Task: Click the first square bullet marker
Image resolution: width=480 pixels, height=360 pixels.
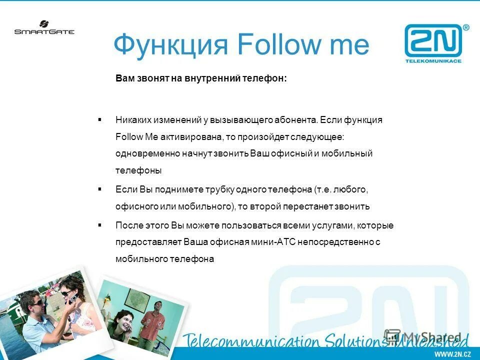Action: (100, 120)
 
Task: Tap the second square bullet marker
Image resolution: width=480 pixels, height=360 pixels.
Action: (100, 189)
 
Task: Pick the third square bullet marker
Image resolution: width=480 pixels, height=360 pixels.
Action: (100, 225)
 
